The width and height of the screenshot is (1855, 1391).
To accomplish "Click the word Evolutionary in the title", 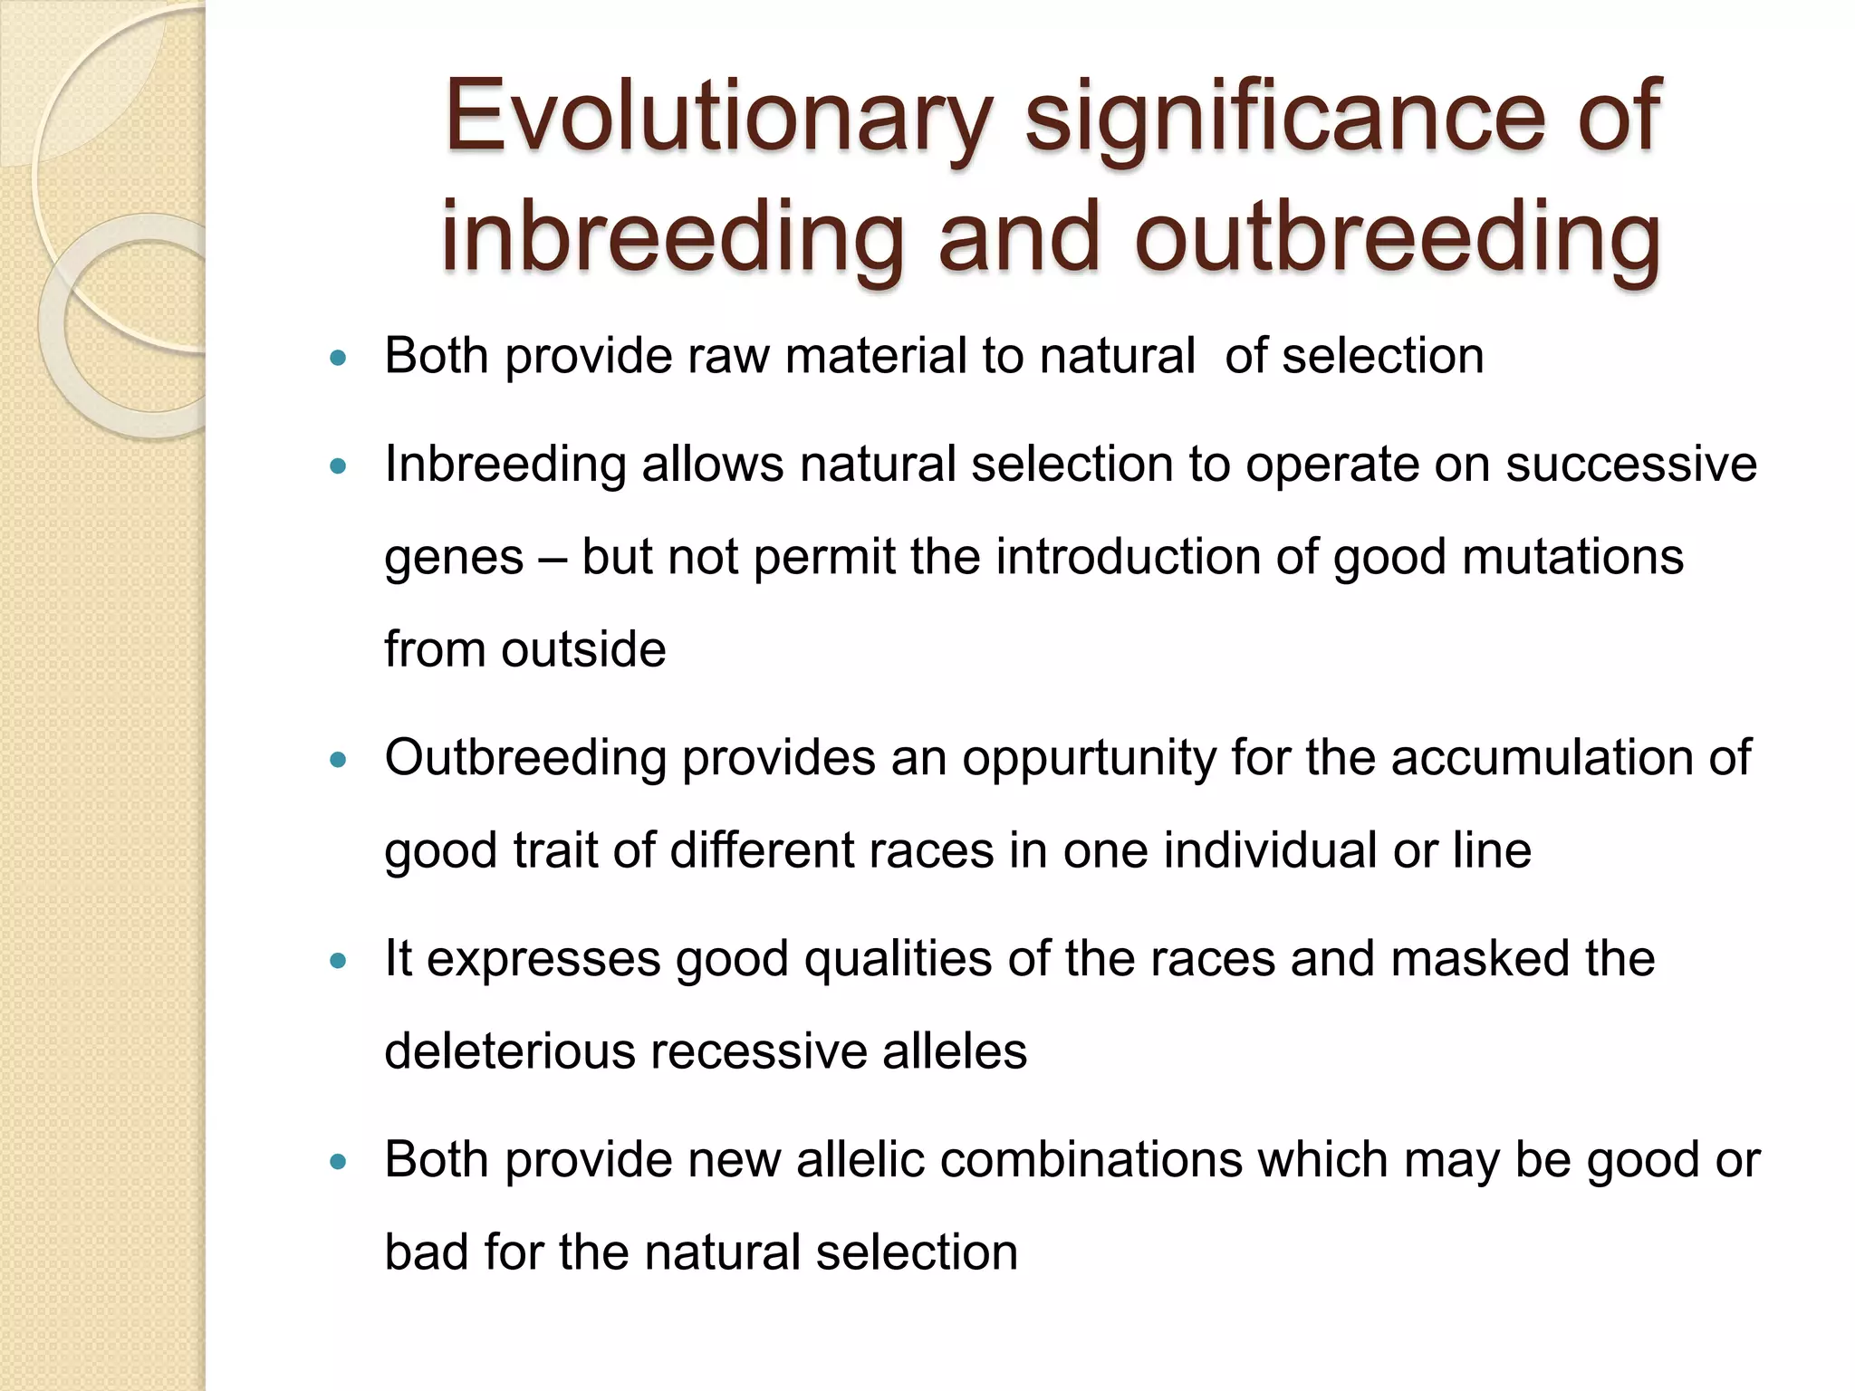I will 718,118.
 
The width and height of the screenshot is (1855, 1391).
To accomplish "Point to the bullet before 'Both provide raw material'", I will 339,358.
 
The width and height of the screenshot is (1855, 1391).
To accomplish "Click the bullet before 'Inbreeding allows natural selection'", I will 339,467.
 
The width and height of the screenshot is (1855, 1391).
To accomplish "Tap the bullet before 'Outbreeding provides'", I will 339,761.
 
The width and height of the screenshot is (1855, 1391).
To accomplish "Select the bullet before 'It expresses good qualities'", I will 339,961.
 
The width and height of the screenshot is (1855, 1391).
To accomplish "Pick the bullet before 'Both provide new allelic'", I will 339,1162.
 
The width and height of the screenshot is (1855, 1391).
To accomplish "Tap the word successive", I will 1630,465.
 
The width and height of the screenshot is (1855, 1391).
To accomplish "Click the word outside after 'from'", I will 583,649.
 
